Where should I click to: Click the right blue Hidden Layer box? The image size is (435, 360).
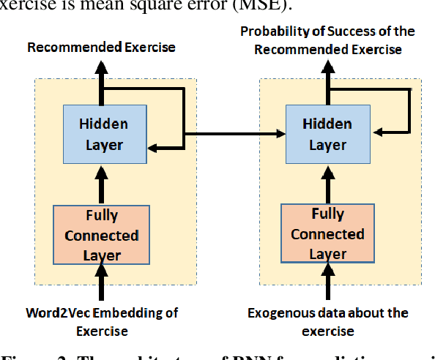click(327, 135)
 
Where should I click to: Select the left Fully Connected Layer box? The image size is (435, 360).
click(102, 236)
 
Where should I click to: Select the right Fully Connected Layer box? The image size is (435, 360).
click(327, 235)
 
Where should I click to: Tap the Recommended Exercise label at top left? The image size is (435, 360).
click(101, 48)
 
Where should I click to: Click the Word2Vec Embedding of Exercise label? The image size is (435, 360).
click(102, 322)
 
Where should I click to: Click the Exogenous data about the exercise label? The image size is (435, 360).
click(327, 322)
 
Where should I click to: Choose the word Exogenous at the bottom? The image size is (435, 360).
click(276, 313)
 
